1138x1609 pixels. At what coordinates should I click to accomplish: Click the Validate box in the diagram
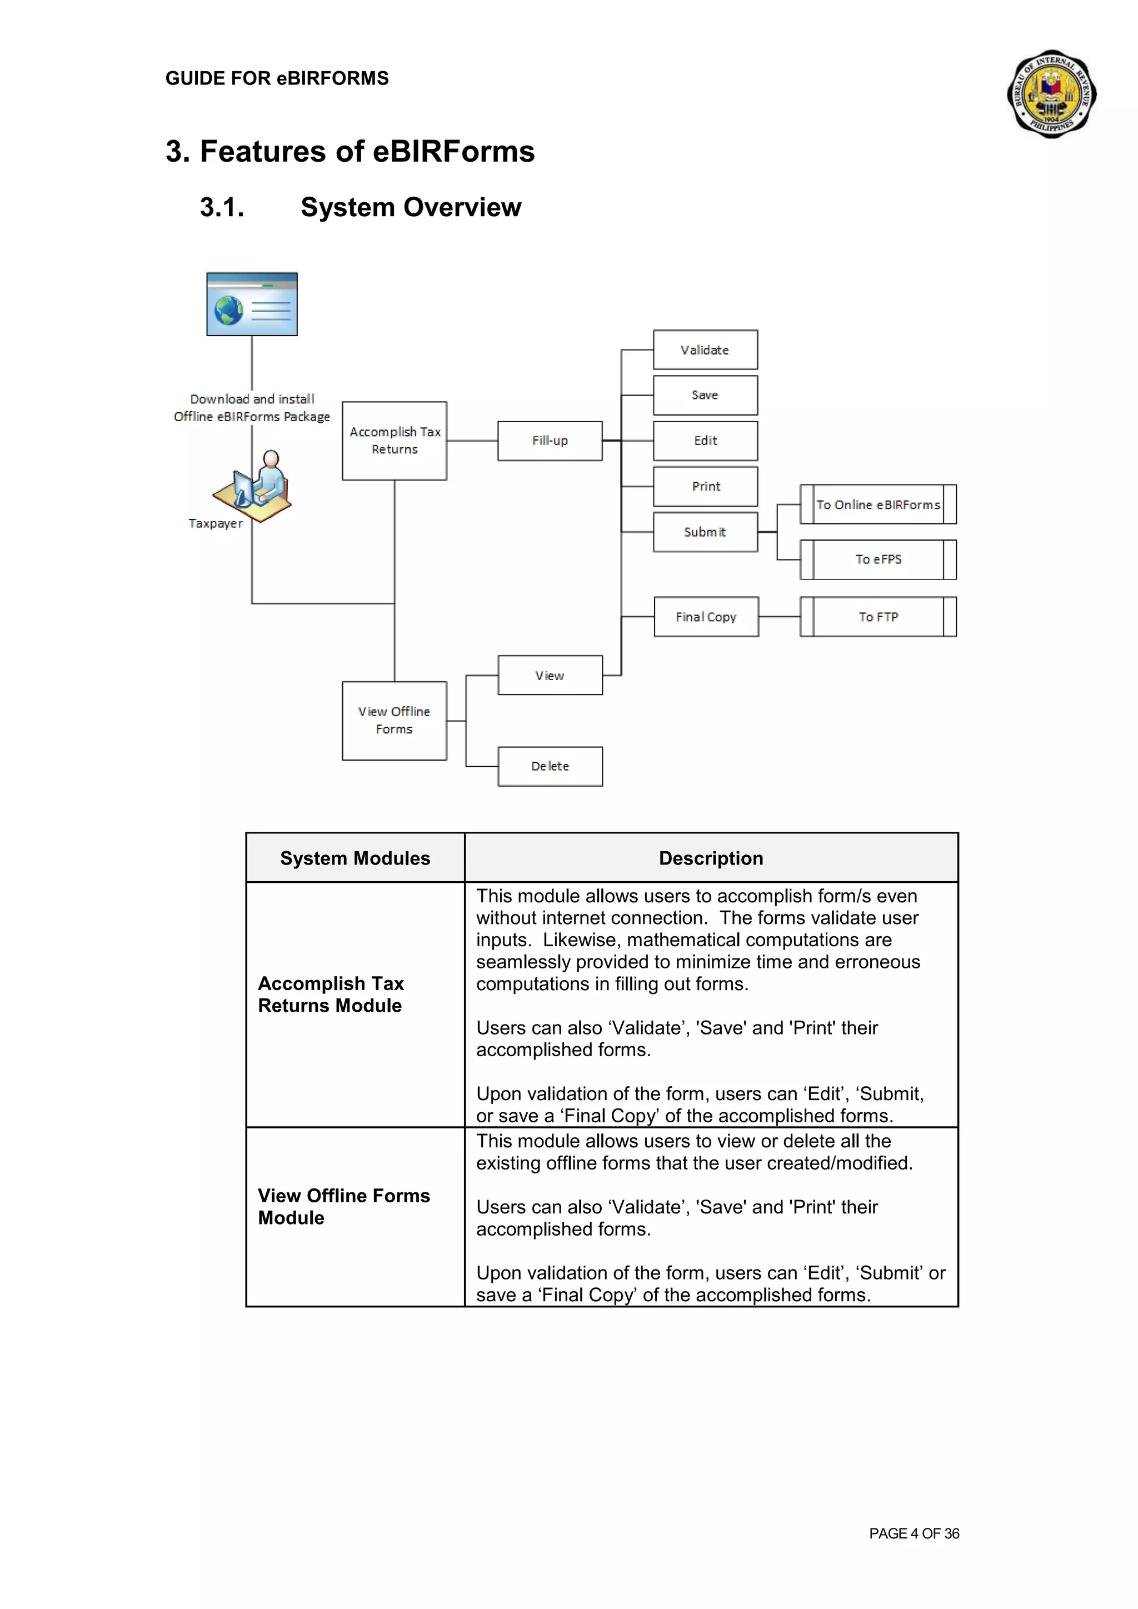point(705,349)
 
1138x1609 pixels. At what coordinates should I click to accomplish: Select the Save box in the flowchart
point(705,395)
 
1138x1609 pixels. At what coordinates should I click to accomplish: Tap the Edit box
point(705,441)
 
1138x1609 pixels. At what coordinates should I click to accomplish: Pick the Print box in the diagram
point(705,486)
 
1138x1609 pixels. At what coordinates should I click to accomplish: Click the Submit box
point(705,532)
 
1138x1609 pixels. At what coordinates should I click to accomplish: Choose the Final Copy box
point(706,617)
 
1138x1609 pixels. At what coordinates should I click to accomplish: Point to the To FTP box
point(878,617)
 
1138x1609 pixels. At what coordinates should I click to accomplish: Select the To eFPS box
point(878,559)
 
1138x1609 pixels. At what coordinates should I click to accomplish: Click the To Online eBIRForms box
point(878,504)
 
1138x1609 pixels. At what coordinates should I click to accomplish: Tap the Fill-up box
point(550,441)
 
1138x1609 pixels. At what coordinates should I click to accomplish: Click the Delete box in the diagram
point(550,766)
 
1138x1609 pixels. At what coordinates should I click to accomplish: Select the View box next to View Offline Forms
point(550,676)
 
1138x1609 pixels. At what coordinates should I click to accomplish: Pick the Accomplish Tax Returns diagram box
point(395,441)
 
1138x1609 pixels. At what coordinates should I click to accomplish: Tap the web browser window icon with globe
point(252,304)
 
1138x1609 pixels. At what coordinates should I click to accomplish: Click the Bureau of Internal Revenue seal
point(1051,94)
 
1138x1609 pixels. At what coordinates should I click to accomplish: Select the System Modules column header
point(355,858)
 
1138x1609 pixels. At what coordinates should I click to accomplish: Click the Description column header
point(711,858)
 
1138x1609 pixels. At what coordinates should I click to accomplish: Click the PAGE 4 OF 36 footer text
point(914,1533)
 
